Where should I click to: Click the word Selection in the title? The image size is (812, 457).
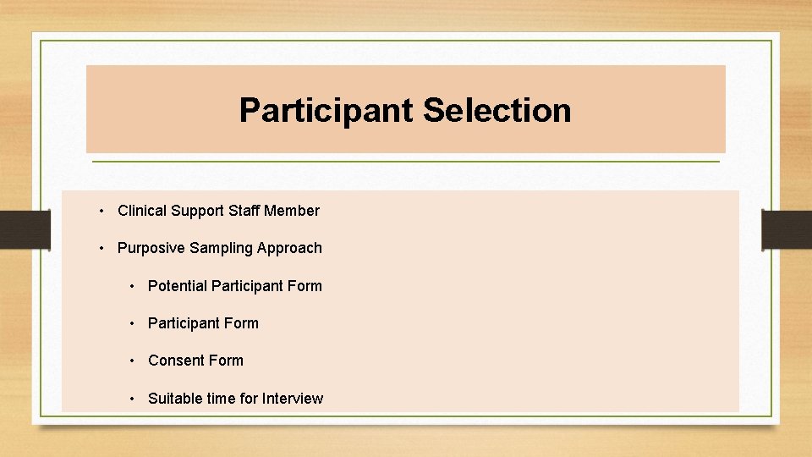pyautogui.click(x=497, y=110)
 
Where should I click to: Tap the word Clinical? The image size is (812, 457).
pyautogui.click(x=142, y=211)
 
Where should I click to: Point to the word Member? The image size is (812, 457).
pyautogui.click(x=292, y=211)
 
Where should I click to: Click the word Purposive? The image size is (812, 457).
pyautogui.click(x=151, y=248)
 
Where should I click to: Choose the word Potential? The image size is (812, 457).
pyautogui.click(x=178, y=286)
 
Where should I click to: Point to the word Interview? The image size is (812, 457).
pyautogui.click(x=293, y=399)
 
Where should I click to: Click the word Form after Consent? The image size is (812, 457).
pyautogui.click(x=226, y=361)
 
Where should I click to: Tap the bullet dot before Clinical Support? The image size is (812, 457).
pyautogui.click(x=101, y=211)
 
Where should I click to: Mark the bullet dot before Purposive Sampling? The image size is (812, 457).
pyautogui.click(x=101, y=248)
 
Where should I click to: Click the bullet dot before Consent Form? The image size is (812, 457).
pyautogui.click(x=132, y=361)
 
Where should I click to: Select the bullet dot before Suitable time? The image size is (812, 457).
pyautogui.click(x=132, y=399)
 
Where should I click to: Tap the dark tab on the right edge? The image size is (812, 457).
pyautogui.click(x=787, y=229)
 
